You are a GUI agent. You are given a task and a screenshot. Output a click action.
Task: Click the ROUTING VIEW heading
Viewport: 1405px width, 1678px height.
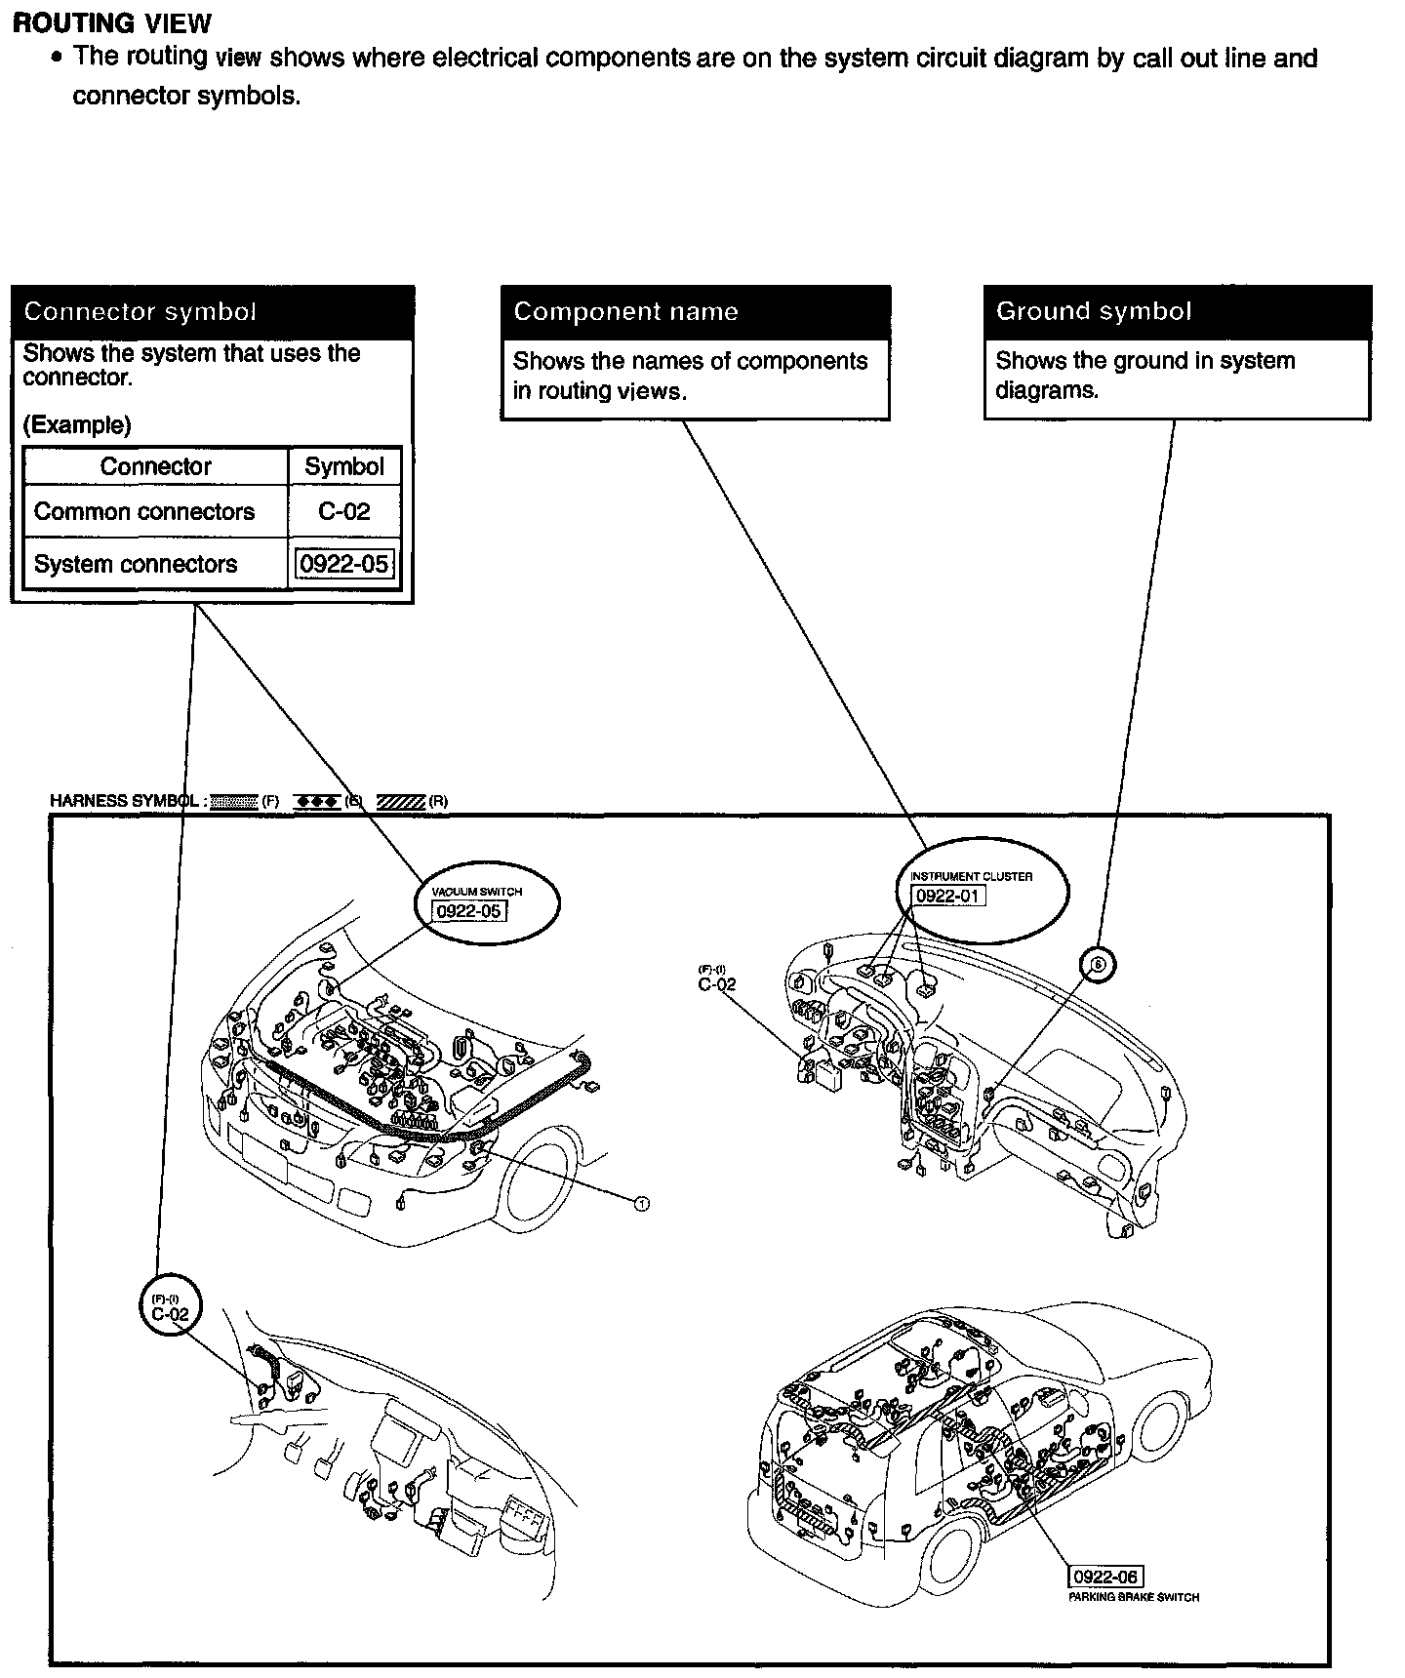point(111,22)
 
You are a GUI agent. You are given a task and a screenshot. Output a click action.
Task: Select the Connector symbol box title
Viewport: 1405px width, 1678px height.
point(140,312)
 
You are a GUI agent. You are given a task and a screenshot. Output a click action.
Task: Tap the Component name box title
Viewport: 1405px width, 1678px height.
point(625,312)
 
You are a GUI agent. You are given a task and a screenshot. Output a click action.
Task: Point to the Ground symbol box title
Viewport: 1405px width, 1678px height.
point(1093,311)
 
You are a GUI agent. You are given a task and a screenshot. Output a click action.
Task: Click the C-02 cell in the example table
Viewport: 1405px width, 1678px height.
point(344,512)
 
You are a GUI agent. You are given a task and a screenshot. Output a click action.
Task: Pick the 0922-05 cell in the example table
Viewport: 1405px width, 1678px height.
point(344,565)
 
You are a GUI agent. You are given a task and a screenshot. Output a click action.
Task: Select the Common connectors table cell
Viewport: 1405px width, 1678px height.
point(144,512)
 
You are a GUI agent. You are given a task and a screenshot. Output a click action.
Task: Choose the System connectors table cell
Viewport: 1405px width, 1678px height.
point(136,565)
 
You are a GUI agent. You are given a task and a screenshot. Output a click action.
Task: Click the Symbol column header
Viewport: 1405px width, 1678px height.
point(344,467)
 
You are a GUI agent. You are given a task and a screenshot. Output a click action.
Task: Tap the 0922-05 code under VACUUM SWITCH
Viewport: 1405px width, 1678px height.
point(469,911)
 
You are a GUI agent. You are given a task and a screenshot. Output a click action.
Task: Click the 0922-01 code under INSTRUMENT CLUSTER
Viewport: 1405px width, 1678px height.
point(947,896)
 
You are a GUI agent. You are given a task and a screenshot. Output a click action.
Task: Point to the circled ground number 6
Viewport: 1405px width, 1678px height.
point(1098,964)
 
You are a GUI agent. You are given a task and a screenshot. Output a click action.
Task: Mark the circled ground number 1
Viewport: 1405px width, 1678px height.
point(641,1204)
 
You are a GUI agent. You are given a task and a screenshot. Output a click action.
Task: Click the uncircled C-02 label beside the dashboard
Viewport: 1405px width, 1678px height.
point(716,984)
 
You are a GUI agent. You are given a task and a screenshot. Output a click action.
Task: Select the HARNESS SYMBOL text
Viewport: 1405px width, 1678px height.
point(124,801)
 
